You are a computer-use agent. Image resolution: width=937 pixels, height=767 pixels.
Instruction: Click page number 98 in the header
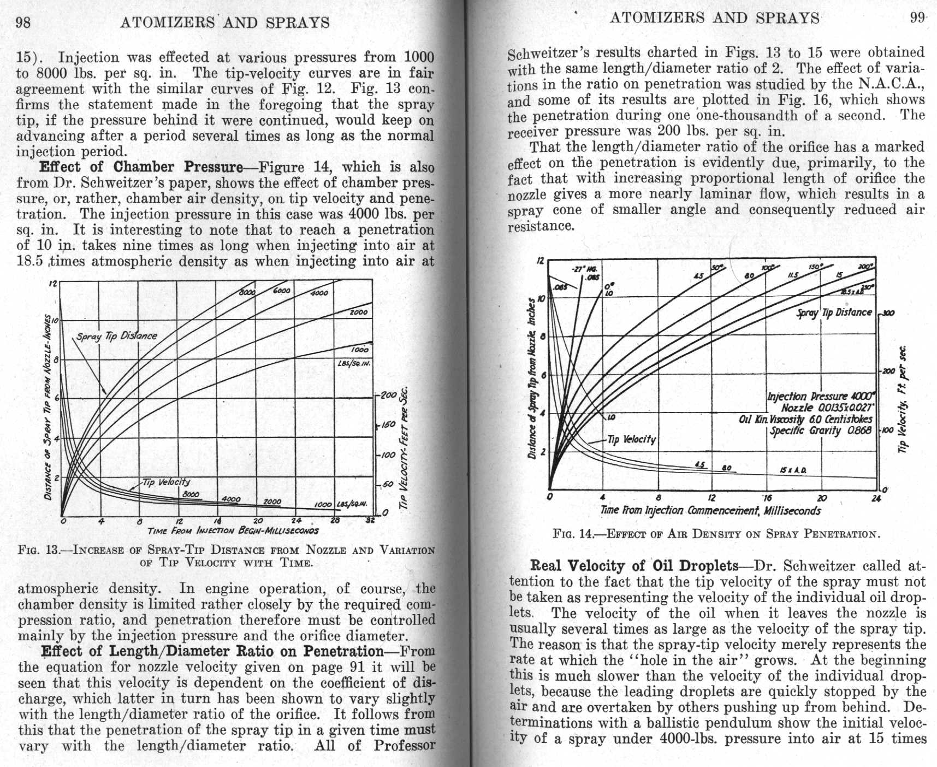[x=23, y=22]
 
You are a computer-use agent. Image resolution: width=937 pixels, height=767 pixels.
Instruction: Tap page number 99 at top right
[x=917, y=17]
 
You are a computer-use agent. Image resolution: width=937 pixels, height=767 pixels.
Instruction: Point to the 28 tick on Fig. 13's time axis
[x=336, y=521]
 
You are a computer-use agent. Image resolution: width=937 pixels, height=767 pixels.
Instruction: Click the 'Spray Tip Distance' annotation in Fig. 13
[x=116, y=336]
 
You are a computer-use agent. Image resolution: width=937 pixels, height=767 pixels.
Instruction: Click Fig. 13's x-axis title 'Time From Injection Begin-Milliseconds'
[x=233, y=530]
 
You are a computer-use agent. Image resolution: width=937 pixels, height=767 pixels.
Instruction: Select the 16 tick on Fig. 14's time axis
[x=768, y=498]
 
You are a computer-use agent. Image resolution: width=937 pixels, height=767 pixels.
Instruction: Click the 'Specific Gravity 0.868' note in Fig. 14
[x=821, y=431]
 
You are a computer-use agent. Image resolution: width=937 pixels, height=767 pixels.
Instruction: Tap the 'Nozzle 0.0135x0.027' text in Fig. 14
[x=827, y=408]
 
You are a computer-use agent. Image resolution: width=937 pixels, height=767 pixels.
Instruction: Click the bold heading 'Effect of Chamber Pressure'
[x=141, y=167]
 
